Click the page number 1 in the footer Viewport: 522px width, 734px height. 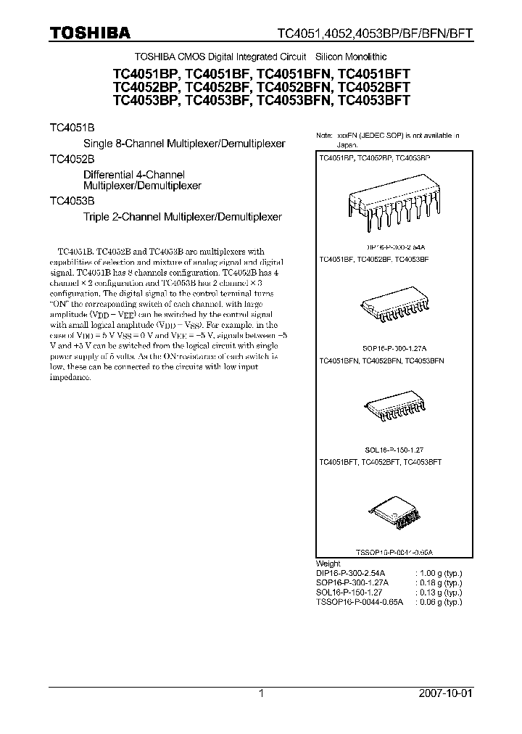(x=262, y=693)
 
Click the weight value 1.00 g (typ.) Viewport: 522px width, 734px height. (x=438, y=573)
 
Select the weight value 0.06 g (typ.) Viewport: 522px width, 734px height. (x=438, y=601)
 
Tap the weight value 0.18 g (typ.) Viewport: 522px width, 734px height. (x=438, y=582)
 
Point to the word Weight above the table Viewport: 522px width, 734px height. (x=328, y=564)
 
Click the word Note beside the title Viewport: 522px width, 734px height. (x=324, y=136)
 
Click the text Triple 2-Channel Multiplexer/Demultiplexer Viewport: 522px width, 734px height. (x=183, y=216)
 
